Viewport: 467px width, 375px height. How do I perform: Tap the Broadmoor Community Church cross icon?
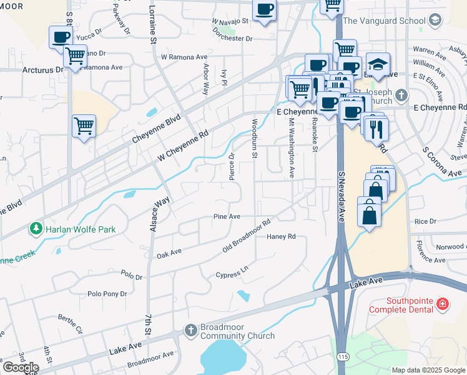(x=191, y=329)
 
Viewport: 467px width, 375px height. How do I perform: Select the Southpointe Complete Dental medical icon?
(x=443, y=304)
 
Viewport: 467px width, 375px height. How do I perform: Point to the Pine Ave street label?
(x=227, y=216)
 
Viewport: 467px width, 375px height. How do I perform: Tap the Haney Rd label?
(x=281, y=237)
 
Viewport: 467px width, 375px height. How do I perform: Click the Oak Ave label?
(x=169, y=253)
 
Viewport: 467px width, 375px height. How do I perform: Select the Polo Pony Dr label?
(x=107, y=293)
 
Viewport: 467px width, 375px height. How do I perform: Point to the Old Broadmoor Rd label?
(x=247, y=236)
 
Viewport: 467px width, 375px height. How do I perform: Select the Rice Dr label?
(x=425, y=221)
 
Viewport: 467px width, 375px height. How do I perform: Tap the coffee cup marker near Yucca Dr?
(x=61, y=37)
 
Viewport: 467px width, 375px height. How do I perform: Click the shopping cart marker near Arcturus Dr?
(x=75, y=55)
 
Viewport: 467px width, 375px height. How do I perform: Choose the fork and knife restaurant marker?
(x=377, y=129)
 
